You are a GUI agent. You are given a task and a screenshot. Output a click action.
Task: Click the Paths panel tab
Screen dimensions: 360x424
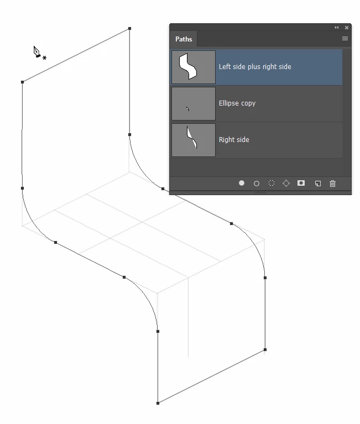(184, 39)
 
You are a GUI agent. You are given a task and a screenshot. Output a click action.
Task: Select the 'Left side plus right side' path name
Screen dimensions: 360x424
(255, 67)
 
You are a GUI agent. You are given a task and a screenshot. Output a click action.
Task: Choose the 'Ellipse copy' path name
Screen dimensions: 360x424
(237, 103)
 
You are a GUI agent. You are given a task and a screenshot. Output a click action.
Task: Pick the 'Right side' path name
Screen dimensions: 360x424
(234, 140)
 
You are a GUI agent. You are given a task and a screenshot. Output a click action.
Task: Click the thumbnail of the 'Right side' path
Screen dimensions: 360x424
(194, 140)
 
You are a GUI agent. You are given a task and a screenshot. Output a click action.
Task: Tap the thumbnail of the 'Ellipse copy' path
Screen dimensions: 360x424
(194, 103)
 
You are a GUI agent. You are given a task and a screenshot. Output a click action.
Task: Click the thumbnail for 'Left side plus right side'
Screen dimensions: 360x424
(194, 67)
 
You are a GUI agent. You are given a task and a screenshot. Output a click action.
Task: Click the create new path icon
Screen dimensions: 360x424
(318, 184)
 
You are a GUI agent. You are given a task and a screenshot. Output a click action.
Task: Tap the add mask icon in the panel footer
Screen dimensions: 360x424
(301, 183)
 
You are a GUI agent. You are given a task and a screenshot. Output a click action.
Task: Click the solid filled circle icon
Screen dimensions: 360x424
(242, 183)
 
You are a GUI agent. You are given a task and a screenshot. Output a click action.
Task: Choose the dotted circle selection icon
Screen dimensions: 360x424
(272, 183)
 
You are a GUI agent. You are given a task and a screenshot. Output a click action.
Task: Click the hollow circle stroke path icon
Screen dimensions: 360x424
(257, 184)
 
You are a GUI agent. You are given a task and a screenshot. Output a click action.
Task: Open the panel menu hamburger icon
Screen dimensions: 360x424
(345, 38)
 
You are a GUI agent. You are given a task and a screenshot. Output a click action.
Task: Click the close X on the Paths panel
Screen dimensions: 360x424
(347, 28)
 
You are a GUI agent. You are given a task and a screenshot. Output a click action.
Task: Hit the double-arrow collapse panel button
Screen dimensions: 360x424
(336, 28)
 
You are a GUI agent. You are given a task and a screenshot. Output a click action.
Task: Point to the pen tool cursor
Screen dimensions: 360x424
(37, 51)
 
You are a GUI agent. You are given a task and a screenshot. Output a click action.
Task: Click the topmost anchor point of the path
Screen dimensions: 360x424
(129, 28)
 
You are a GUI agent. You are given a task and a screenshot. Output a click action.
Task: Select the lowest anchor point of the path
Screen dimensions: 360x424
(158, 403)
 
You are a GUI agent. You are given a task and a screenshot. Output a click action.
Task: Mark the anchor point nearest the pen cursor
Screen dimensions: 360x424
(23, 82)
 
